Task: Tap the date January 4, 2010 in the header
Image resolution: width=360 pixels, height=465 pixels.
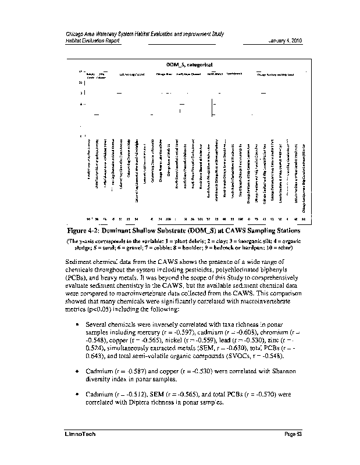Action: [285, 41]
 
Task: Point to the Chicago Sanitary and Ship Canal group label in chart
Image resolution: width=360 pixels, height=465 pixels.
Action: [275, 74]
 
